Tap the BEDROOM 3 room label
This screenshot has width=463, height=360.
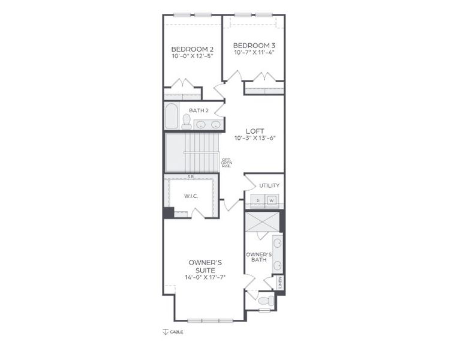point(254,45)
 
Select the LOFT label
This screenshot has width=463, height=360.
point(255,130)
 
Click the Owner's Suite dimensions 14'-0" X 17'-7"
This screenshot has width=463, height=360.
point(206,277)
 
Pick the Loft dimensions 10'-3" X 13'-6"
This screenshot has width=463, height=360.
point(255,137)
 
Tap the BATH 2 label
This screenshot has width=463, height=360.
point(199,110)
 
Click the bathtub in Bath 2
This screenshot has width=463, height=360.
point(172,116)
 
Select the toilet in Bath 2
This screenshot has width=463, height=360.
point(187,122)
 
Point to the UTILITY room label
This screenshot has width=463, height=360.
point(269,185)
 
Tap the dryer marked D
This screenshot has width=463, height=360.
point(258,200)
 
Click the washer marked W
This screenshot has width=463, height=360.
point(272,200)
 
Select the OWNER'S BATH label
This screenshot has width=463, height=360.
point(258,257)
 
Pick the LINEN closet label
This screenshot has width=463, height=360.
point(280,281)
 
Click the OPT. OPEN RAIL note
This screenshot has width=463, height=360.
point(226,162)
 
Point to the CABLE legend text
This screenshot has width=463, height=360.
point(176,332)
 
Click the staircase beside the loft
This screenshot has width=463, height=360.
point(192,152)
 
